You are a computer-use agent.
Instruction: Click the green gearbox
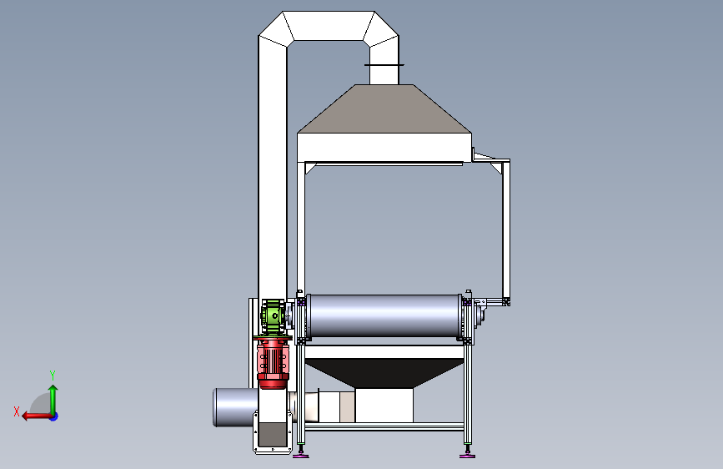[272, 316]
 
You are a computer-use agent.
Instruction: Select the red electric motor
[273, 362]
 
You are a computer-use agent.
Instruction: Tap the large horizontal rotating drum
[384, 315]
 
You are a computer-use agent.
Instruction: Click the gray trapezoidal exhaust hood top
[384, 109]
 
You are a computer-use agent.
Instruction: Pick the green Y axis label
[53, 375]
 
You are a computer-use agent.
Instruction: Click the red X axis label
[17, 411]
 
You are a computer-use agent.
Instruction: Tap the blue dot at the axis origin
[54, 416]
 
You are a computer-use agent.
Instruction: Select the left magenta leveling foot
[301, 456]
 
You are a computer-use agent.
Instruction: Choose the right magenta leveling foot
[468, 456]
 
